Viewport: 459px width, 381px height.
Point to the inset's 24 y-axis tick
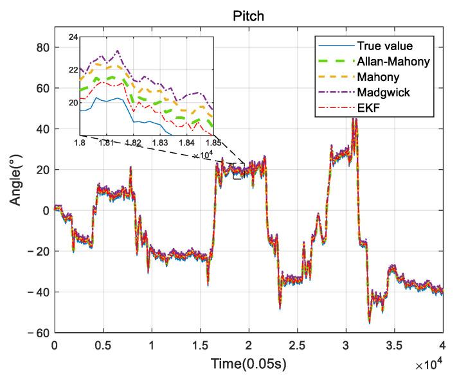pos(73,38)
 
